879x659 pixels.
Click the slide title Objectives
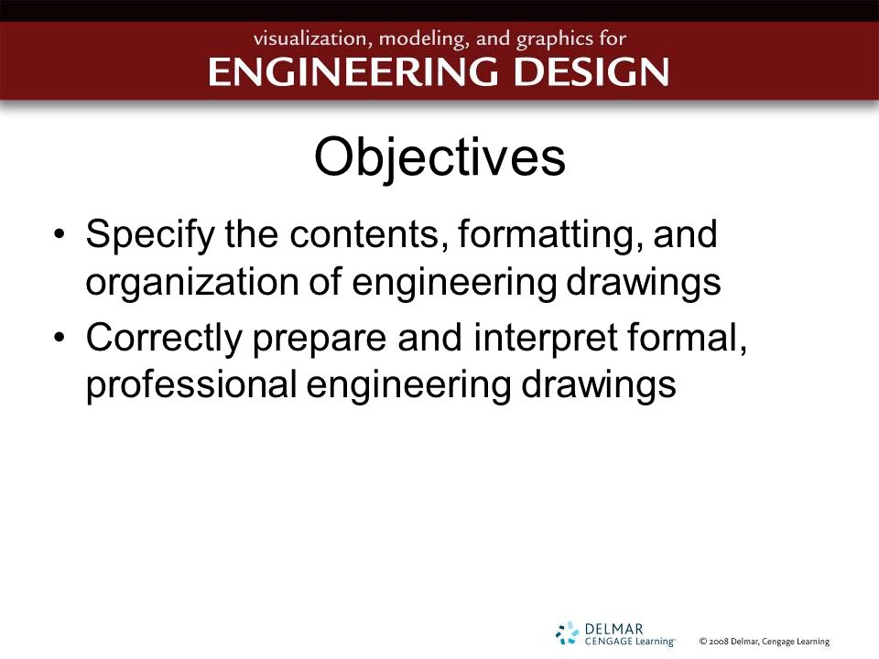439,158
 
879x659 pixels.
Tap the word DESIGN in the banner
591,71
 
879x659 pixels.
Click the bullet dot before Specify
60,233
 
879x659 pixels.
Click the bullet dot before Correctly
60,338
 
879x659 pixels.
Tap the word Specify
150,235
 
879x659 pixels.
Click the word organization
192,283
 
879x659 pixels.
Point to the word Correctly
164,339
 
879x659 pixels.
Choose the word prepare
320,340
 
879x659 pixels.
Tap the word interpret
546,339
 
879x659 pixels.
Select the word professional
191,386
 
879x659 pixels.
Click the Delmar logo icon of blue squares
567,633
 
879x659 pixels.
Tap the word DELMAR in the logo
613,630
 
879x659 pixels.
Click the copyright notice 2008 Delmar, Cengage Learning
764,642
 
